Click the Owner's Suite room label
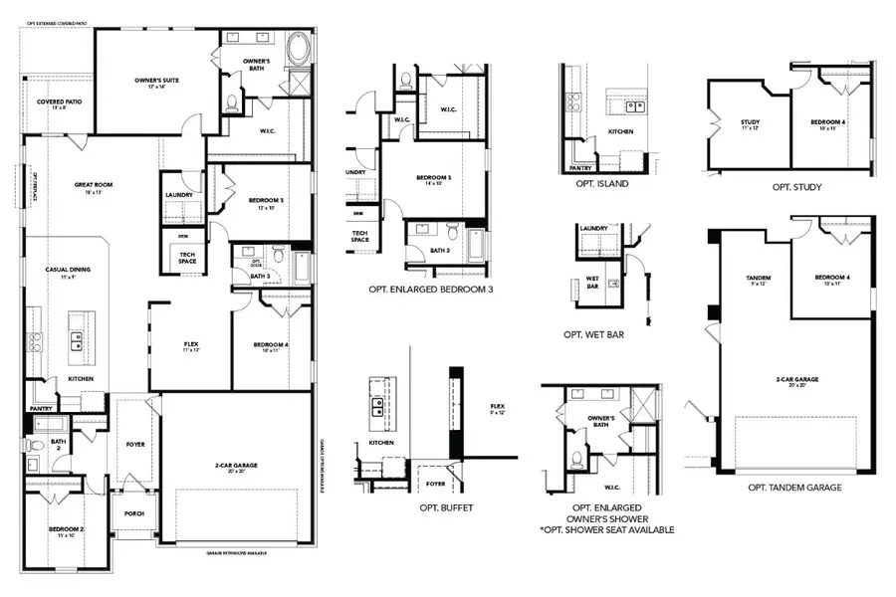[x=156, y=81]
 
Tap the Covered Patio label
[x=58, y=102]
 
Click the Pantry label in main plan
[x=40, y=408]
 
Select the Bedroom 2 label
[x=67, y=530]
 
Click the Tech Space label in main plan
[x=186, y=257]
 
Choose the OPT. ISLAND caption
[x=603, y=183]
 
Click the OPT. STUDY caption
[x=796, y=186]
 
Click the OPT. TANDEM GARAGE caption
[x=794, y=488]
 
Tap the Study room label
[x=750, y=123]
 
